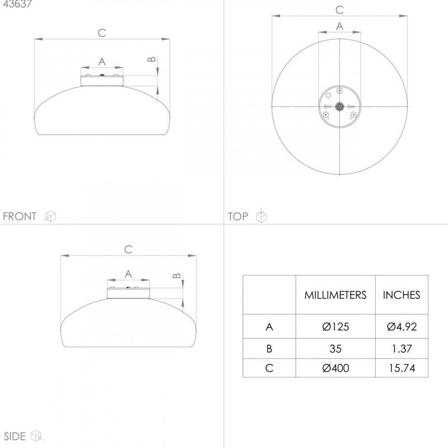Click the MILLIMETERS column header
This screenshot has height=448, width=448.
tap(335, 295)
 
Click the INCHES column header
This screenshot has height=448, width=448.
tap(402, 295)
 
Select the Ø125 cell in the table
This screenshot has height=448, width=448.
tap(335, 326)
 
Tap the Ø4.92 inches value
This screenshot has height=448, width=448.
tap(402, 326)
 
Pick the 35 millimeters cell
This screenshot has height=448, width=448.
tap(335, 348)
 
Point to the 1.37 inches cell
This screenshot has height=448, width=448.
tap(402, 348)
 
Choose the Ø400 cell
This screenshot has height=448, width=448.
tap(335, 368)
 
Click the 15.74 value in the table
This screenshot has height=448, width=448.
tap(402, 368)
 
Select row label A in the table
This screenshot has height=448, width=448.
tap(269, 326)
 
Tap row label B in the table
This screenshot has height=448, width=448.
tap(269, 348)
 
